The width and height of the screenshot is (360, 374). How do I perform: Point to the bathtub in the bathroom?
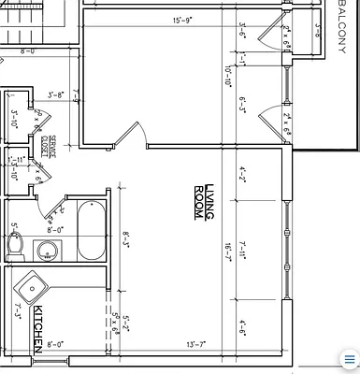tap(92, 231)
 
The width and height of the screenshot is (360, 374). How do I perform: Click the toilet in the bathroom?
tap(14, 245)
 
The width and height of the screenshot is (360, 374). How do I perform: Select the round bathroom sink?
tap(46, 250)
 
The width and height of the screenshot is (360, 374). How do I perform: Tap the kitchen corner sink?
tap(29, 284)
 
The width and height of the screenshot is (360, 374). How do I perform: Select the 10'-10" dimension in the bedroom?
tap(228, 75)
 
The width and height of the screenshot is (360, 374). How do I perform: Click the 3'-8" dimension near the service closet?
tap(56, 94)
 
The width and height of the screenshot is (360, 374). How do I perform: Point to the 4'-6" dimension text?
tap(242, 326)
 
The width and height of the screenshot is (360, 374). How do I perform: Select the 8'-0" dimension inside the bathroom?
tap(55, 229)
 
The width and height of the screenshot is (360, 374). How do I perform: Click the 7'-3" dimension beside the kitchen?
tap(18, 310)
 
